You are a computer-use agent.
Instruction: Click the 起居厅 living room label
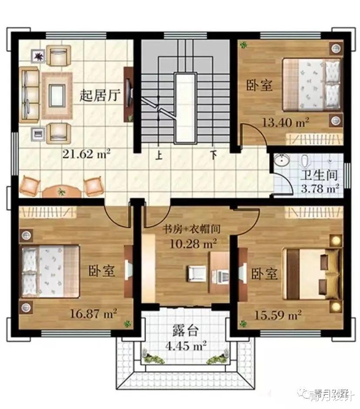tap(100, 95)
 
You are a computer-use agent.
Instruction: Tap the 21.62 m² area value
tap(86, 154)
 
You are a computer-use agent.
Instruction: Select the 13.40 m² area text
tap(286, 122)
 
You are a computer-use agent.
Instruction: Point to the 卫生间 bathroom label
tap(319, 175)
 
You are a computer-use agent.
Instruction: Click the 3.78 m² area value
tap(320, 188)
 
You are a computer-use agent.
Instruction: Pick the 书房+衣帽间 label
tap(192, 229)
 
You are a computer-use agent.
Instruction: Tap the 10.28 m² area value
tap(193, 244)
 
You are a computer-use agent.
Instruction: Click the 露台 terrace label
tap(186, 331)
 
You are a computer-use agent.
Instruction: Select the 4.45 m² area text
tap(186, 346)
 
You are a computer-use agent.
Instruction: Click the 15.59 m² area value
tap(278, 315)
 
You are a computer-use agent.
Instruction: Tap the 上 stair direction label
tap(159, 156)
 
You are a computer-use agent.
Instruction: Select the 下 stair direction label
tap(214, 155)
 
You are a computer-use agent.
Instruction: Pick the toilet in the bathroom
tap(304, 161)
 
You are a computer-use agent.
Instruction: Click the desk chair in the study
tap(196, 274)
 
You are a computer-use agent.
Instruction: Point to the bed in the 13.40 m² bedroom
tap(312, 84)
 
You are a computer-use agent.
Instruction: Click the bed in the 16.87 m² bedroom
tap(50, 271)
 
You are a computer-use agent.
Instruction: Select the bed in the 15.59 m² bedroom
tap(312, 274)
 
